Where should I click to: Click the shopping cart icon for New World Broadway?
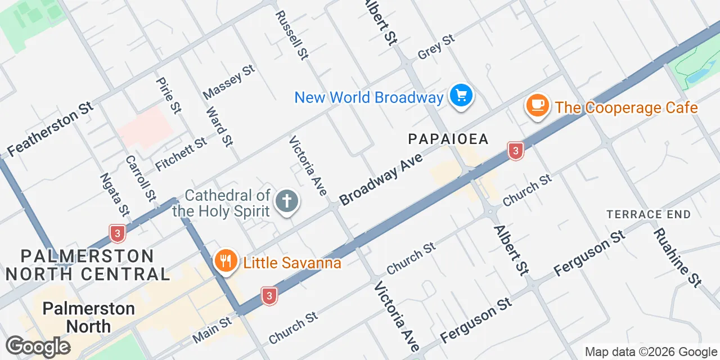coord(462,96)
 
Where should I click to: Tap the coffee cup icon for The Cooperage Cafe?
coord(538,105)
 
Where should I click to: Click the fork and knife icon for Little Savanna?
coord(226,262)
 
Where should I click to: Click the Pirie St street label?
coord(169,95)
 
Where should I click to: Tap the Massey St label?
coord(229,82)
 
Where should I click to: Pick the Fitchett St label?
coord(181,155)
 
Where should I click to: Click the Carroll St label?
coord(140,178)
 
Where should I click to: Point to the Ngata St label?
coord(114,194)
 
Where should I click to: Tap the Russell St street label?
coord(291,33)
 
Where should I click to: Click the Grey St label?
coord(436,47)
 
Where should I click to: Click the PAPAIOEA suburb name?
coord(448,139)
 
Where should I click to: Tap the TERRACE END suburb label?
coord(648,214)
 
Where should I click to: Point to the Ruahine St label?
coord(678,258)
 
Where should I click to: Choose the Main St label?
coord(212,330)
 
